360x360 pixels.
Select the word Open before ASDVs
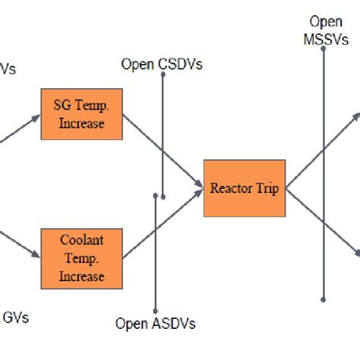tap(131, 324)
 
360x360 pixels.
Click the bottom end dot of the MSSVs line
tap(324, 299)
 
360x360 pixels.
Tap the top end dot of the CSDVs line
tap(163, 76)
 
